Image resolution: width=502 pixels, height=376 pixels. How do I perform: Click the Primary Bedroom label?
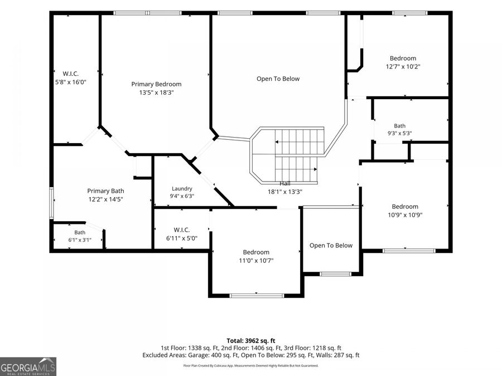tap(156, 84)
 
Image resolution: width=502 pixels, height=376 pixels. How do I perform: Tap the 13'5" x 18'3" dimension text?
tap(156, 92)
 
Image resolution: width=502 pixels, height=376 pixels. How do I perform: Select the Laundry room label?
tap(182, 189)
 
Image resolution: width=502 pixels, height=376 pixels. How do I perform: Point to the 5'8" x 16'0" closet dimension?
tap(71, 82)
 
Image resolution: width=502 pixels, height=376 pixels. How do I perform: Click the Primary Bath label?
tap(105, 191)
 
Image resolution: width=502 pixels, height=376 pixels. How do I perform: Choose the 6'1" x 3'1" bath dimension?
tap(80, 240)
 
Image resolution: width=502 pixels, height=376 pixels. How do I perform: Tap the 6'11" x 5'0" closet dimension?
tap(182, 238)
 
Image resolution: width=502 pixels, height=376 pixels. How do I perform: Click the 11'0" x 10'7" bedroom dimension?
tap(256, 261)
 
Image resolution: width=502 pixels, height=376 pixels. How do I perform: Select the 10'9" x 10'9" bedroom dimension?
tap(405, 215)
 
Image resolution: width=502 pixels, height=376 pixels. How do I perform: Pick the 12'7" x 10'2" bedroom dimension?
tap(403, 66)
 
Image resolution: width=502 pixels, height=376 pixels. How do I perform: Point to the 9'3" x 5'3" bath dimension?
tap(399, 133)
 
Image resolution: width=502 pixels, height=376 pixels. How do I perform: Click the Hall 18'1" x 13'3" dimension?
tap(285, 192)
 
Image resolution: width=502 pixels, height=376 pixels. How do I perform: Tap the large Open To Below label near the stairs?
tap(278, 79)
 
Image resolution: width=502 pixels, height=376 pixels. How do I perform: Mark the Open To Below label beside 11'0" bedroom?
tap(331, 246)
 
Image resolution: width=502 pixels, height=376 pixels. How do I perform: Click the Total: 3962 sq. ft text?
tap(251, 341)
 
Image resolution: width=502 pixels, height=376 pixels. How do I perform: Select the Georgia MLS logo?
tap(28, 367)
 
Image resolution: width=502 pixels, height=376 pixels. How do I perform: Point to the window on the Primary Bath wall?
tap(51, 203)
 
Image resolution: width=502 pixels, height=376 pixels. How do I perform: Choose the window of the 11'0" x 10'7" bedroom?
tap(257, 296)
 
